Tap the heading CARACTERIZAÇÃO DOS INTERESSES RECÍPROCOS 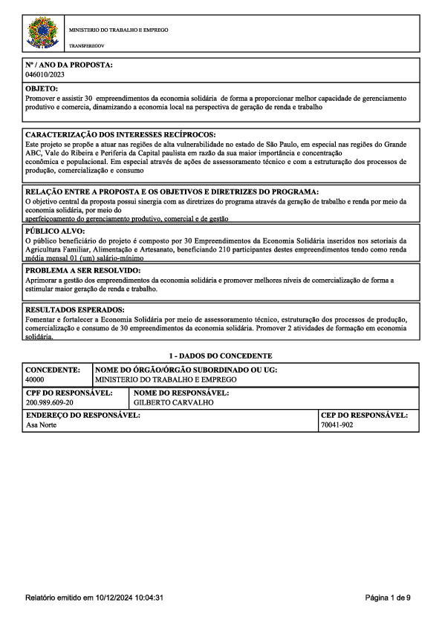[x=120, y=134]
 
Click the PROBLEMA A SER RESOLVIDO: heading [x=82, y=271]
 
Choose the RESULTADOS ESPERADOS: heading [x=75, y=310]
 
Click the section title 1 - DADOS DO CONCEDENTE [x=221, y=356]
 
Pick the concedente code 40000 [x=36, y=379]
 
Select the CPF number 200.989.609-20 [x=50, y=402]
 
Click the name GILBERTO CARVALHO [x=168, y=402]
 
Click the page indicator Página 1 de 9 [x=388, y=597]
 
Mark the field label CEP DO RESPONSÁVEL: [x=364, y=416]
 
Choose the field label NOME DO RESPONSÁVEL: [x=181, y=392]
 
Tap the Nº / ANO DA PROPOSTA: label [x=68, y=65]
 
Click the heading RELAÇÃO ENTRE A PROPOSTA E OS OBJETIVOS [x=172, y=192]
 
